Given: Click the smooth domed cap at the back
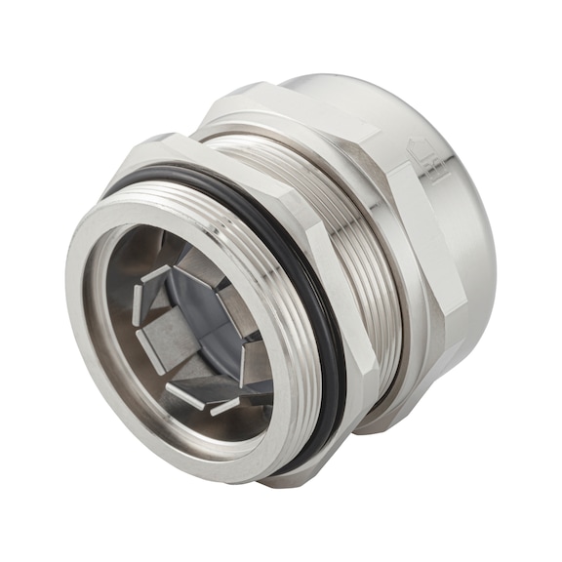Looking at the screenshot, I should pyautogui.click(x=459, y=195).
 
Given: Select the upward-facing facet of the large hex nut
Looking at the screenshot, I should pyautogui.click(x=293, y=107).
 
